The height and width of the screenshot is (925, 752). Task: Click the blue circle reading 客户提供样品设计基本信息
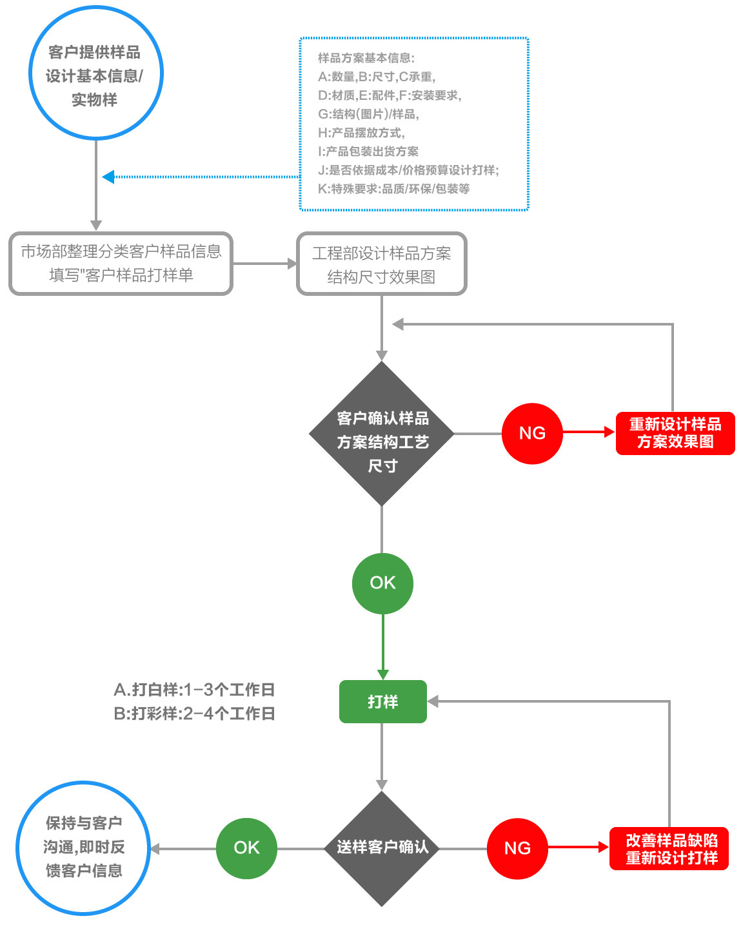coord(95,73)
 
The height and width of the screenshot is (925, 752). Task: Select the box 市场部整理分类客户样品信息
coord(121,264)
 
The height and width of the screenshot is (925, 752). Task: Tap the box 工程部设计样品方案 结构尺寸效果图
coord(381,264)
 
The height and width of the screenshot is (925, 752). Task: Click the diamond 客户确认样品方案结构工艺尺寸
coord(382,434)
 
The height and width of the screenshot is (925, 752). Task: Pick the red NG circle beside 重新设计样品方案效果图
coord(532,433)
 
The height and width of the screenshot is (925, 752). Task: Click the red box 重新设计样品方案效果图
coord(675,433)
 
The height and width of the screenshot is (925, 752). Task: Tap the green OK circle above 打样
coord(382,583)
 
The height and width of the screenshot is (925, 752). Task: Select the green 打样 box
coord(382,701)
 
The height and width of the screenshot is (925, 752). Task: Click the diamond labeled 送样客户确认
coord(382,848)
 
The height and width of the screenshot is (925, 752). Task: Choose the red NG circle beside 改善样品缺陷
coord(517,848)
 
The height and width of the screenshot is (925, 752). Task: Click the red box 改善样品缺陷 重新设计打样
coord(669,849)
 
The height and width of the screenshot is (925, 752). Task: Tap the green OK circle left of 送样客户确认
coord(246,848)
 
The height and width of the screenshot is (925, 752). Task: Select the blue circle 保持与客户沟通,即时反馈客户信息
coord(83,848)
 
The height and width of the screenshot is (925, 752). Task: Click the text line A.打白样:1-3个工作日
coord(194,690)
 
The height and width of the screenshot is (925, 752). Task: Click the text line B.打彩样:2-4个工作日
coord(194,714)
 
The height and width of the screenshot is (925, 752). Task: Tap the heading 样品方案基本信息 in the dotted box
coord(366,58)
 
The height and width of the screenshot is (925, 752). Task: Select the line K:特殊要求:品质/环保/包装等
coord(393,189)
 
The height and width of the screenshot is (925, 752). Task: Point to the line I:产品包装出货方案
coord(368,151)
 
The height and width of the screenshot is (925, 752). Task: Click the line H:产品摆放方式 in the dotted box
coord(361,133)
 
